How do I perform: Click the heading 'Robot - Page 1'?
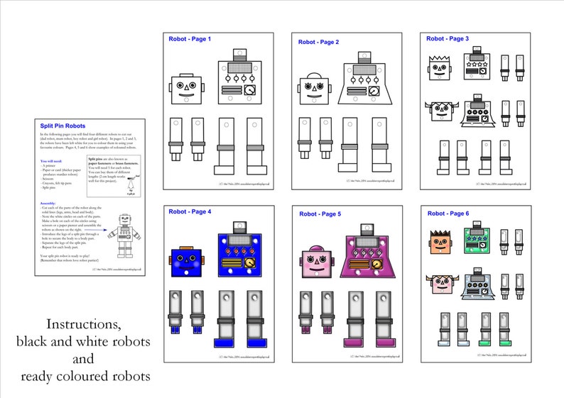click(x=190, y=39)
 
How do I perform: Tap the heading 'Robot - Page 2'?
click(x=318, y=43)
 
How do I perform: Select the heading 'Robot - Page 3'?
click(x=448, y=39)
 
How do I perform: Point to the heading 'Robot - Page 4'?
click(x=190, y=211)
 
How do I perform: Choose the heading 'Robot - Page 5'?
click(x=320, y=214)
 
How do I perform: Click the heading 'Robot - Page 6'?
click(x=448, y=214)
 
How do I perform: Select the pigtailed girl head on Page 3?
click(x=440, y=112)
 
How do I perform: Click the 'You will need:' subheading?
click(x=54, y=161)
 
